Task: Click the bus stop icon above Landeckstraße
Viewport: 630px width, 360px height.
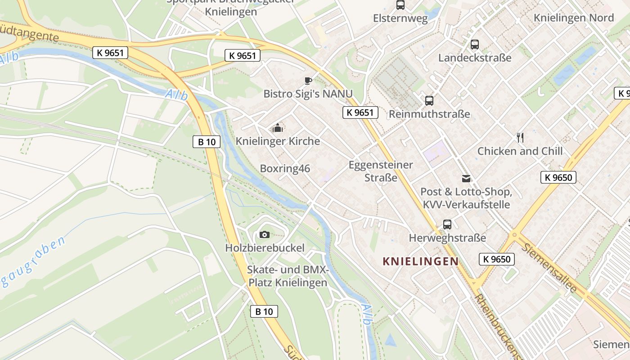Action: (x=475, y=45)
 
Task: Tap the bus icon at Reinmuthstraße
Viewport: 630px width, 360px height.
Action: (x=429, y=101)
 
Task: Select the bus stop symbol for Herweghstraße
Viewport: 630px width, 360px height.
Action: (x=447, y=225)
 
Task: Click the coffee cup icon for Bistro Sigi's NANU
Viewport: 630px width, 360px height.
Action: (x=308, y=81)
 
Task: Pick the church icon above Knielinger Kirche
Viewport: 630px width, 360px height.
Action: (x=278, y=128)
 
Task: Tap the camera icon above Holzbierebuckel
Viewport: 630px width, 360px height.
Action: (x=265, y=234)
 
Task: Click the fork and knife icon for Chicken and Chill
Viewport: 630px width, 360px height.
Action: (x=520, y=138)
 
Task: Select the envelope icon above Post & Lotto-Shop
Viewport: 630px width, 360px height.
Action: (x=466, y=179)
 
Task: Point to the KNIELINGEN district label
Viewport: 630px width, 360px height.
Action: (x=420, y=261)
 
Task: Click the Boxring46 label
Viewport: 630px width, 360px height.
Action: (x=285, y=169)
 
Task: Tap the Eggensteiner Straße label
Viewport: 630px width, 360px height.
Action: (x=381, y=171)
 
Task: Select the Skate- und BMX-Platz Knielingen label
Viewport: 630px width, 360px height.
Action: (x=288, y=276)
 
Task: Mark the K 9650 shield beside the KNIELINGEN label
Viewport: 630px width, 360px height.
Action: (x=496, y=259)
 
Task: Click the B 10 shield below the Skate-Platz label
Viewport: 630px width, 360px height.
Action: (x=264, y=311)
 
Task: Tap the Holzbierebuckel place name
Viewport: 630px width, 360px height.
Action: (x=265, y=248)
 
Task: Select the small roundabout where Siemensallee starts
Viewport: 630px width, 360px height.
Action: (x=514, y=234)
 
